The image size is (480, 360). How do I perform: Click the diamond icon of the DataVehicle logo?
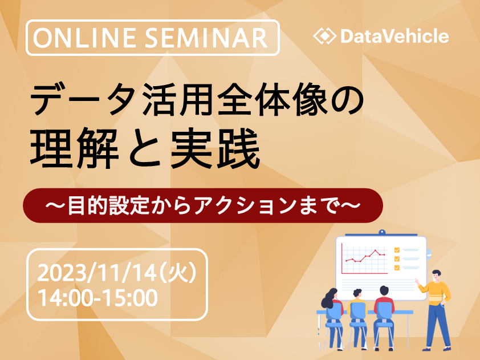tap(324, 37)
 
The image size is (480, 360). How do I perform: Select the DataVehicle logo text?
tap(394, 37)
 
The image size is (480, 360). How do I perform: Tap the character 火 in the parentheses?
tap(178, 273)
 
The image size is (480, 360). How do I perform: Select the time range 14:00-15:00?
tap(97, 298)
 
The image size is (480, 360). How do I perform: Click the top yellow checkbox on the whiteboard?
tap(397, 249)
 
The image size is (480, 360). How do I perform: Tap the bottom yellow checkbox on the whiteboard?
tap(397, 267)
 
